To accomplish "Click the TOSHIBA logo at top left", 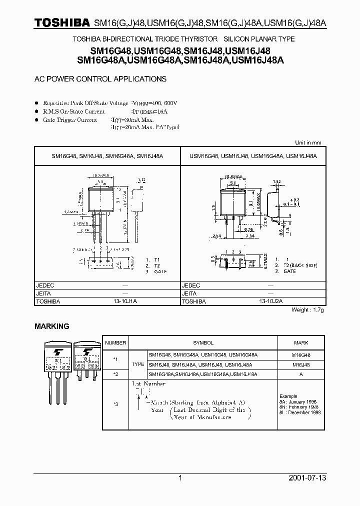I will click(62, 23).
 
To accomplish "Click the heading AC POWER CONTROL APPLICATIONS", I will click(100, 79).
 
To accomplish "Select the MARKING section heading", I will click(51, 326).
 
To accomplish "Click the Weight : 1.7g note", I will click(307, 310).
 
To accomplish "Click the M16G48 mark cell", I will click(301, 354).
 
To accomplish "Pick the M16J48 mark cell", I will click(301, 365).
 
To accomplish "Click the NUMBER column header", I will click(115, 342).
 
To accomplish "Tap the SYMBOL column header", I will click(203, 342).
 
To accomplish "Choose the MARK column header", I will click(301, 342).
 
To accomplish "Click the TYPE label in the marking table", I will click(137, 365).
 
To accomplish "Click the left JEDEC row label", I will click(45, 285).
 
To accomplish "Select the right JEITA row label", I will click(190, 293).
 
